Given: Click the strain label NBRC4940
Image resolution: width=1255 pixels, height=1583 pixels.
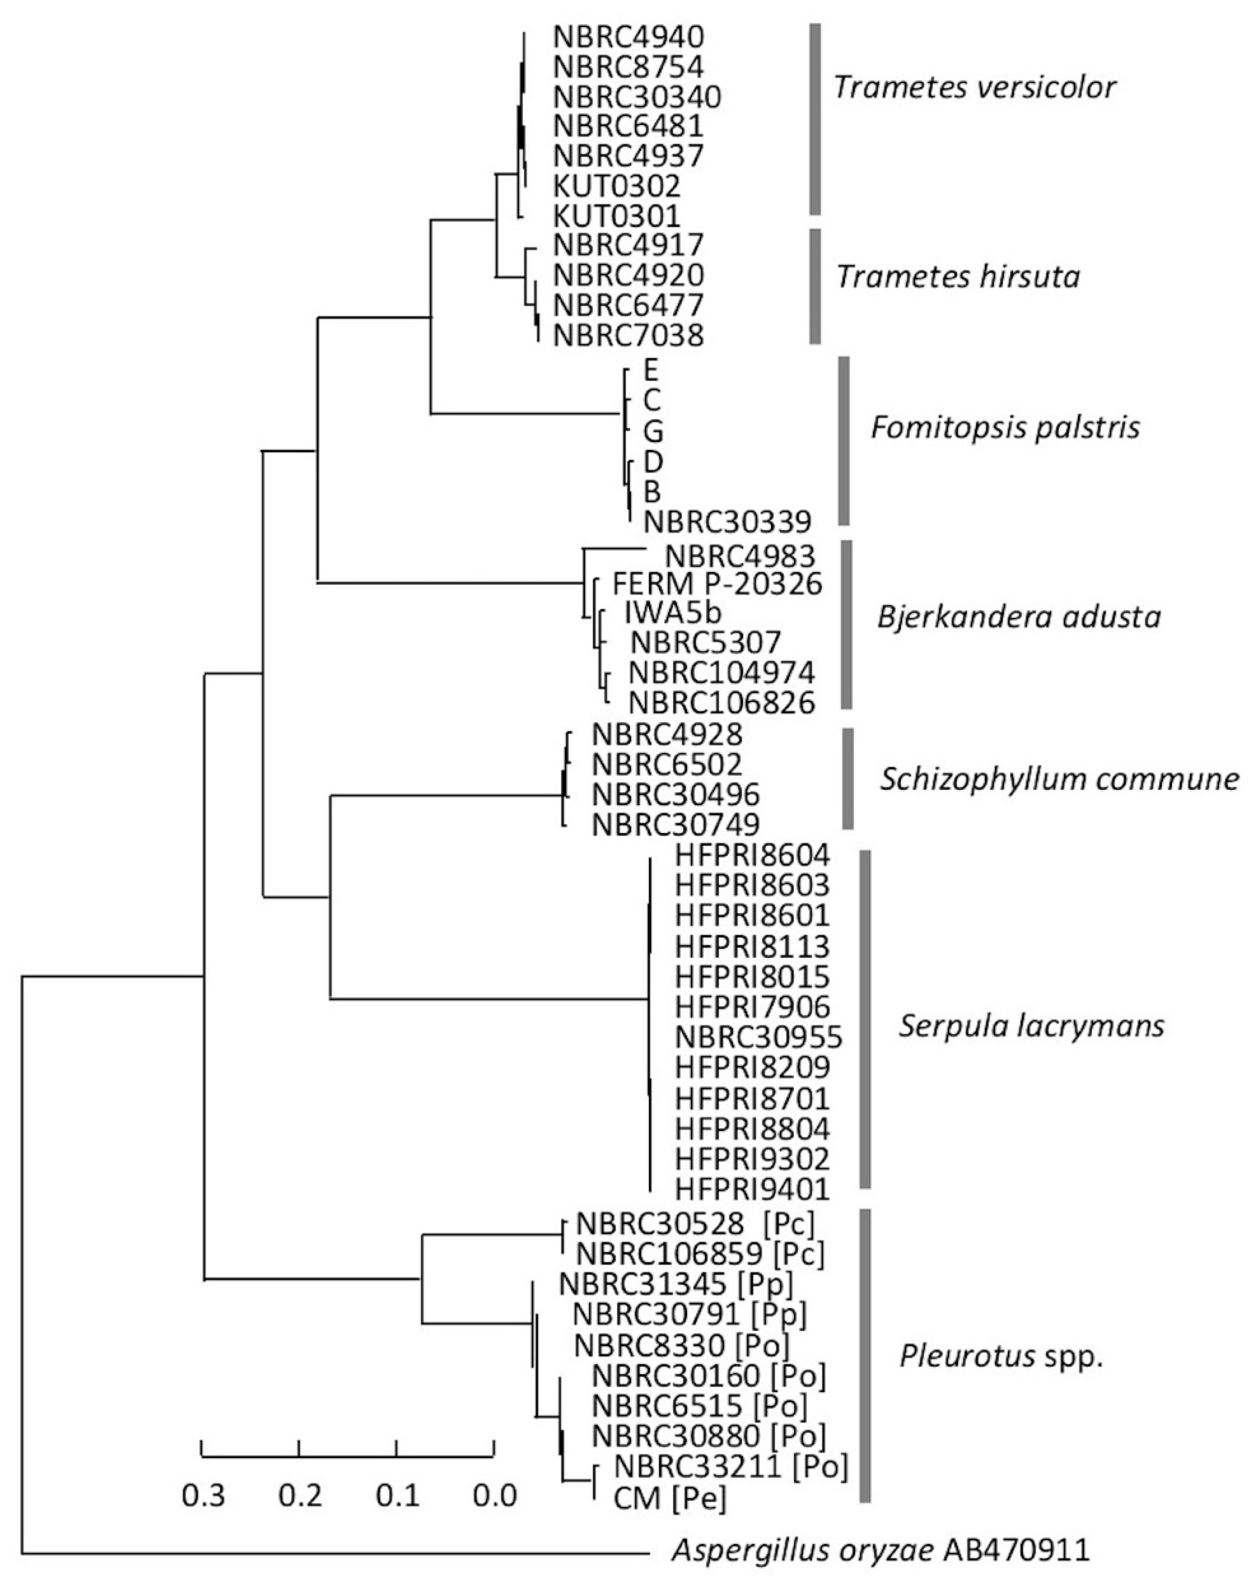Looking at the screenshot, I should click(x=628, y=36).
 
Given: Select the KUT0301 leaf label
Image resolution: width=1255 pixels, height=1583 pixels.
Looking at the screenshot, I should click(x=617, y=216).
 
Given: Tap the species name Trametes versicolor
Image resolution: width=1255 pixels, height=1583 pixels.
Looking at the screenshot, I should click(x=974, y=87).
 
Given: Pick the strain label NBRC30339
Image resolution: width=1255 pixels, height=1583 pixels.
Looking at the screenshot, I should click(x=727, y=522).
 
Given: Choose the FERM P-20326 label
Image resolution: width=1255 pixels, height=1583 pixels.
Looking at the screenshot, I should click(x=717, y=584).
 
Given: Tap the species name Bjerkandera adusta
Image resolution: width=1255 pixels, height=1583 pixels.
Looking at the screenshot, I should click(x=1019, y=617).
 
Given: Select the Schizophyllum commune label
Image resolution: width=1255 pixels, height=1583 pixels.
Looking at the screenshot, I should click(x=1059, y=779).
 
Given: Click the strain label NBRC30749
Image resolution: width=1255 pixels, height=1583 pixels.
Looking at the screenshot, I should click(x=675, y=825).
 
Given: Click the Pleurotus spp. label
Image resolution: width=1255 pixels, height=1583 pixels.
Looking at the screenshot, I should click(x=1001, y=1358).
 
